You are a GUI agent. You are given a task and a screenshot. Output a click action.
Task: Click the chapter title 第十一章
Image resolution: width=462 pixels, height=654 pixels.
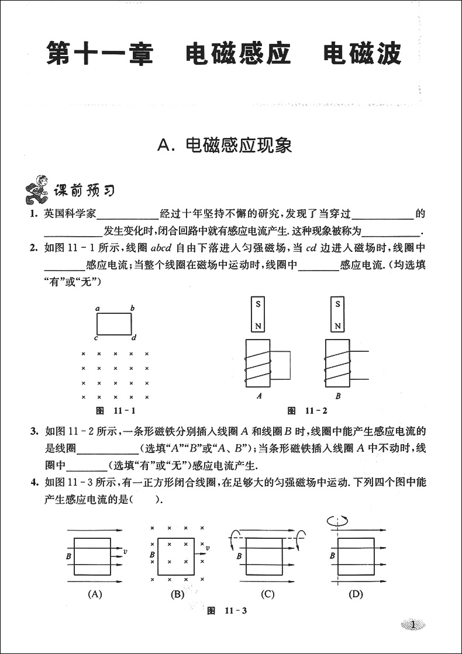[99, 54]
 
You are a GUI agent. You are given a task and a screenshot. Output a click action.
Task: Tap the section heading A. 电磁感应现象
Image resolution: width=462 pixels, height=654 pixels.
[225, 146]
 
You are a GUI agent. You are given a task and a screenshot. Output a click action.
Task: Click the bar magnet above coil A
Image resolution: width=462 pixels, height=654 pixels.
[257, 314]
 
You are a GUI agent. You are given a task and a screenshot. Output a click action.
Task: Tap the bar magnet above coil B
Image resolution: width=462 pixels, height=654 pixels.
[337, 314]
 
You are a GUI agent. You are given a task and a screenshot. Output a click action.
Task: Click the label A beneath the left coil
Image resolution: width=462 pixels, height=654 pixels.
[258, 396]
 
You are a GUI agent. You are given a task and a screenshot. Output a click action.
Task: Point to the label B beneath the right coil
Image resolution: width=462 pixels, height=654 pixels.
[338, 396]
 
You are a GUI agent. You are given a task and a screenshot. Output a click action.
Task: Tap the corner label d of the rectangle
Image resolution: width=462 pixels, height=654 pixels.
[134, 338]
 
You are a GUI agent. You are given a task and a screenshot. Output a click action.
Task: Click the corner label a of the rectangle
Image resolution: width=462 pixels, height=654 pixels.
[97, 308]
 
